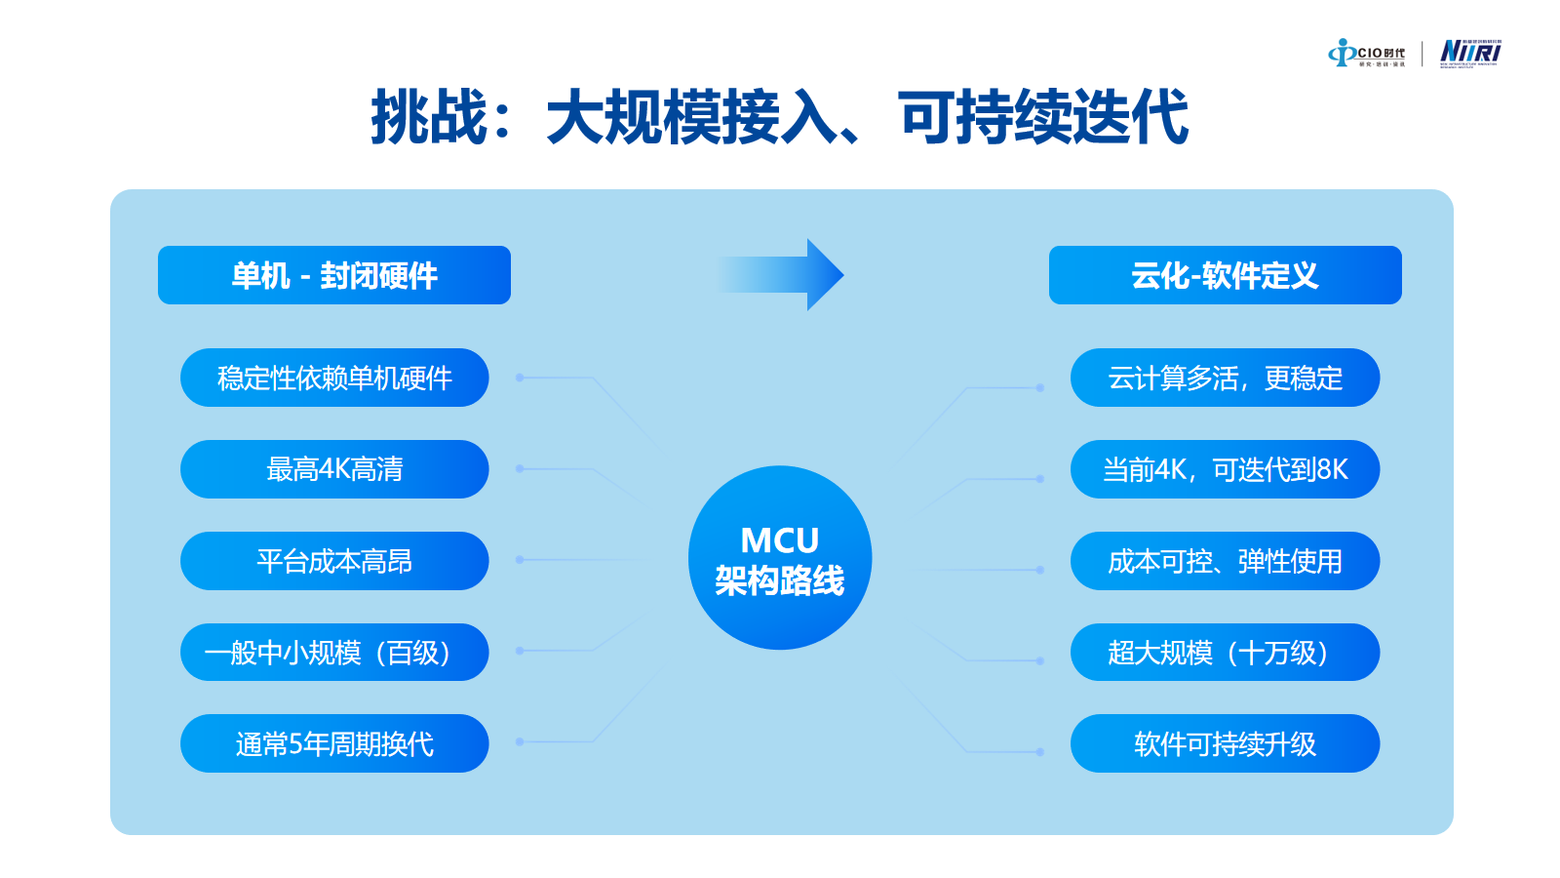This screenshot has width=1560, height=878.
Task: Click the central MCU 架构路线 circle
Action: (x=780, y=557)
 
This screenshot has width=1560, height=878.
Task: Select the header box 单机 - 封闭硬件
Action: (x=334, y=275)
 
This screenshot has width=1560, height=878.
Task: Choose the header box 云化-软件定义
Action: (x=1225, y=275)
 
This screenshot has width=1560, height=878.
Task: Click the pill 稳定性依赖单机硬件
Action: (x=334, y=378)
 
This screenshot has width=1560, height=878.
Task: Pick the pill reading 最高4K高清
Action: (x=334, y=469)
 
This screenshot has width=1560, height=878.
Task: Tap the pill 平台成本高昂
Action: (x=334, y=561)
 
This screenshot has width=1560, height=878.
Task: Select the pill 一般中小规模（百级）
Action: (x=334, y=653)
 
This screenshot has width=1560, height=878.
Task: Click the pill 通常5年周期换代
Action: (x=334, y=743)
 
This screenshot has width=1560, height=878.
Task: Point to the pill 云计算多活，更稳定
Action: (x=1225, y=378)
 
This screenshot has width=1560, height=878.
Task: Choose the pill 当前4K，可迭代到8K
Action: (x=1225, y=469)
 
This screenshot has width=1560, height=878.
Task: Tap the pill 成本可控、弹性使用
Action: (x=1225, y=561)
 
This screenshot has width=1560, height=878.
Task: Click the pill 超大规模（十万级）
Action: (x=1225, y=653)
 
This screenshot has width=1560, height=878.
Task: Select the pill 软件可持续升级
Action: (x=1225, y=743)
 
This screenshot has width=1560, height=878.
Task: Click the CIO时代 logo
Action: (x=1367, y=54)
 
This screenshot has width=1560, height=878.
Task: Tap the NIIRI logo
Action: (x=1470, y=53)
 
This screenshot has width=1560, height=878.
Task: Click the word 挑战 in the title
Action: (x=429, y=118)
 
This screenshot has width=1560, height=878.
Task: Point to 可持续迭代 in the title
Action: (x=1043, y=118)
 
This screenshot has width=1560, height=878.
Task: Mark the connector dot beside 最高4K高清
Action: (x=520, y=469)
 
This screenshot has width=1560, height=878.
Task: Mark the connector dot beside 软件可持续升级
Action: (x=1040, y=752)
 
